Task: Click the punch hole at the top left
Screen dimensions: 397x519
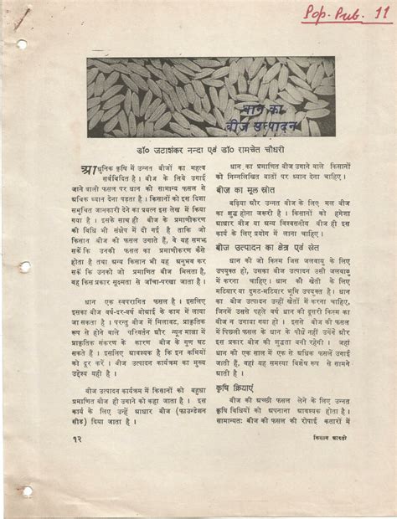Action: tap(21, 44)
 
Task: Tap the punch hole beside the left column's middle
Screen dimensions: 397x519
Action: tap(25, 266)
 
